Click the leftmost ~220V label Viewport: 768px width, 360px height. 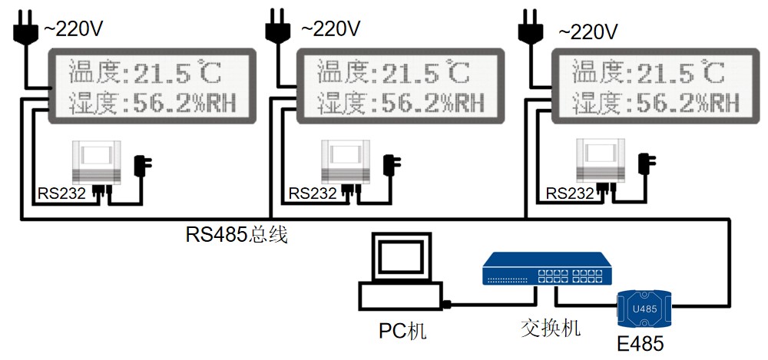(72, 29)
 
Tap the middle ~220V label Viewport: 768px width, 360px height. (330, 29)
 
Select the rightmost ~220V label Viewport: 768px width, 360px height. (588, 31)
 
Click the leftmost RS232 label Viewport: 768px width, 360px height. (61, 193)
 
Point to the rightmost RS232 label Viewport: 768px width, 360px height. (569, 193)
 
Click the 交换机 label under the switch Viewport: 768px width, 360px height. (550, 328)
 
